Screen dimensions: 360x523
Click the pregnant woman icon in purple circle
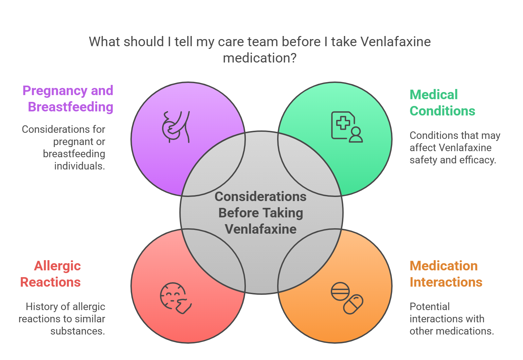176,127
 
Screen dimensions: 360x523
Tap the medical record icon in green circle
346,127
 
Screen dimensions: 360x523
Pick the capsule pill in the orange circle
353,304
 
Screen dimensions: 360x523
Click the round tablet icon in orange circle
340,291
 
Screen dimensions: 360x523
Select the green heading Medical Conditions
442,103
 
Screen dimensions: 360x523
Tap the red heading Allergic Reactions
51,274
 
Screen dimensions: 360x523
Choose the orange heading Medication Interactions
446,274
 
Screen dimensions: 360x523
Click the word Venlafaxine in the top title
395,42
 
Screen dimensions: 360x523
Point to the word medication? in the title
259,58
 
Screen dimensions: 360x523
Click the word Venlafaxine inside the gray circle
260,229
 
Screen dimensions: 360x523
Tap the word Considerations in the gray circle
260,197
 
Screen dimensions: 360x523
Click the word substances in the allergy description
77,331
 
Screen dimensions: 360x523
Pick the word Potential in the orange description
430,307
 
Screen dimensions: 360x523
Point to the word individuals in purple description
79,166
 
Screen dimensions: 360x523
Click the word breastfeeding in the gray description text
74,154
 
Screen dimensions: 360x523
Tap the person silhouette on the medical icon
356,134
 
